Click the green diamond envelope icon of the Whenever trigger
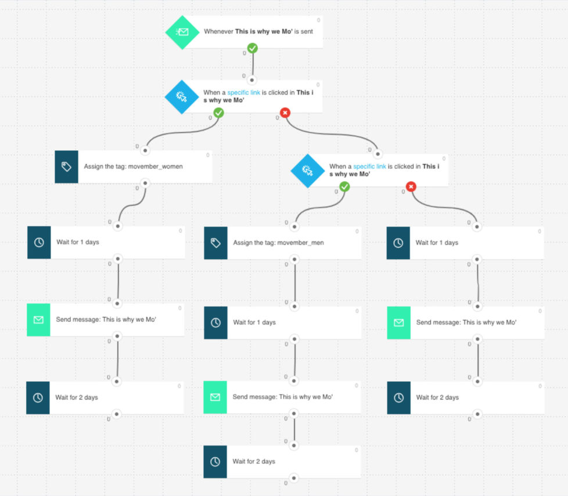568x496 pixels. click(182, 32)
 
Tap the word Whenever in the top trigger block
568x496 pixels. click(218, 31)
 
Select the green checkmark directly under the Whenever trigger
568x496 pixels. click(252, 49)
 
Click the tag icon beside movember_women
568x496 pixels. click(66, 166)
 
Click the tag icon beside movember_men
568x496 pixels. click(215, 242)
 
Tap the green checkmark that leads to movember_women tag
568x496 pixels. click(218, 113)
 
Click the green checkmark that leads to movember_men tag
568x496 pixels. click(344, 186)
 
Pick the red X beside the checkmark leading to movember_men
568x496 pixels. click(411, 186)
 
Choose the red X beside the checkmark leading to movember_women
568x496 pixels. click(285, 113)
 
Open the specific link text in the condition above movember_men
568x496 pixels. click(369, 166)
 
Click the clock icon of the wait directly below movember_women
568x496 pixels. click(39, 242)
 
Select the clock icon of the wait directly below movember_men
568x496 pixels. click(215, 323)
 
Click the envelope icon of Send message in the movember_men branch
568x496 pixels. click(215, 397)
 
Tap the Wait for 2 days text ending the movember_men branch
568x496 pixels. click(254, 462)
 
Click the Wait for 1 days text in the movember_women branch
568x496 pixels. click(77, 242)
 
